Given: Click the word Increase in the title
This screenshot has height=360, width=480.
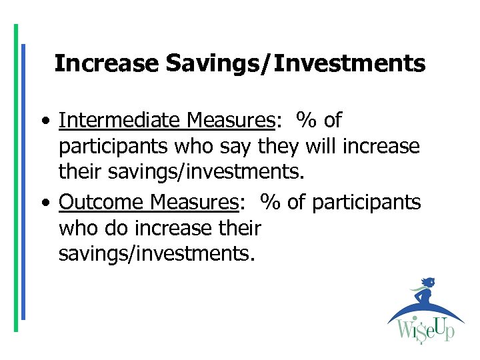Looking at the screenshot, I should pyautogui.click(x=107, y=63).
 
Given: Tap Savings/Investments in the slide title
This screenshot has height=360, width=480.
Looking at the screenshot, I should pyautogui.click(x=295, y=63).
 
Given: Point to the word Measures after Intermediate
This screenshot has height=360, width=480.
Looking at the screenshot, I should pyautogui.click(x=231, y=120).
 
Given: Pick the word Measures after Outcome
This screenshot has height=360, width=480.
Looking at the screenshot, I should pyautogui.click(x=194, y=201).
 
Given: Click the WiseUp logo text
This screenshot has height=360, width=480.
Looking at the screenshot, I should pyautogui.click(x=426, y=329).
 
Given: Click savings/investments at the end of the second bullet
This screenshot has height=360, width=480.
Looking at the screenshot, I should pyautogui.click(x=157, y=254).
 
